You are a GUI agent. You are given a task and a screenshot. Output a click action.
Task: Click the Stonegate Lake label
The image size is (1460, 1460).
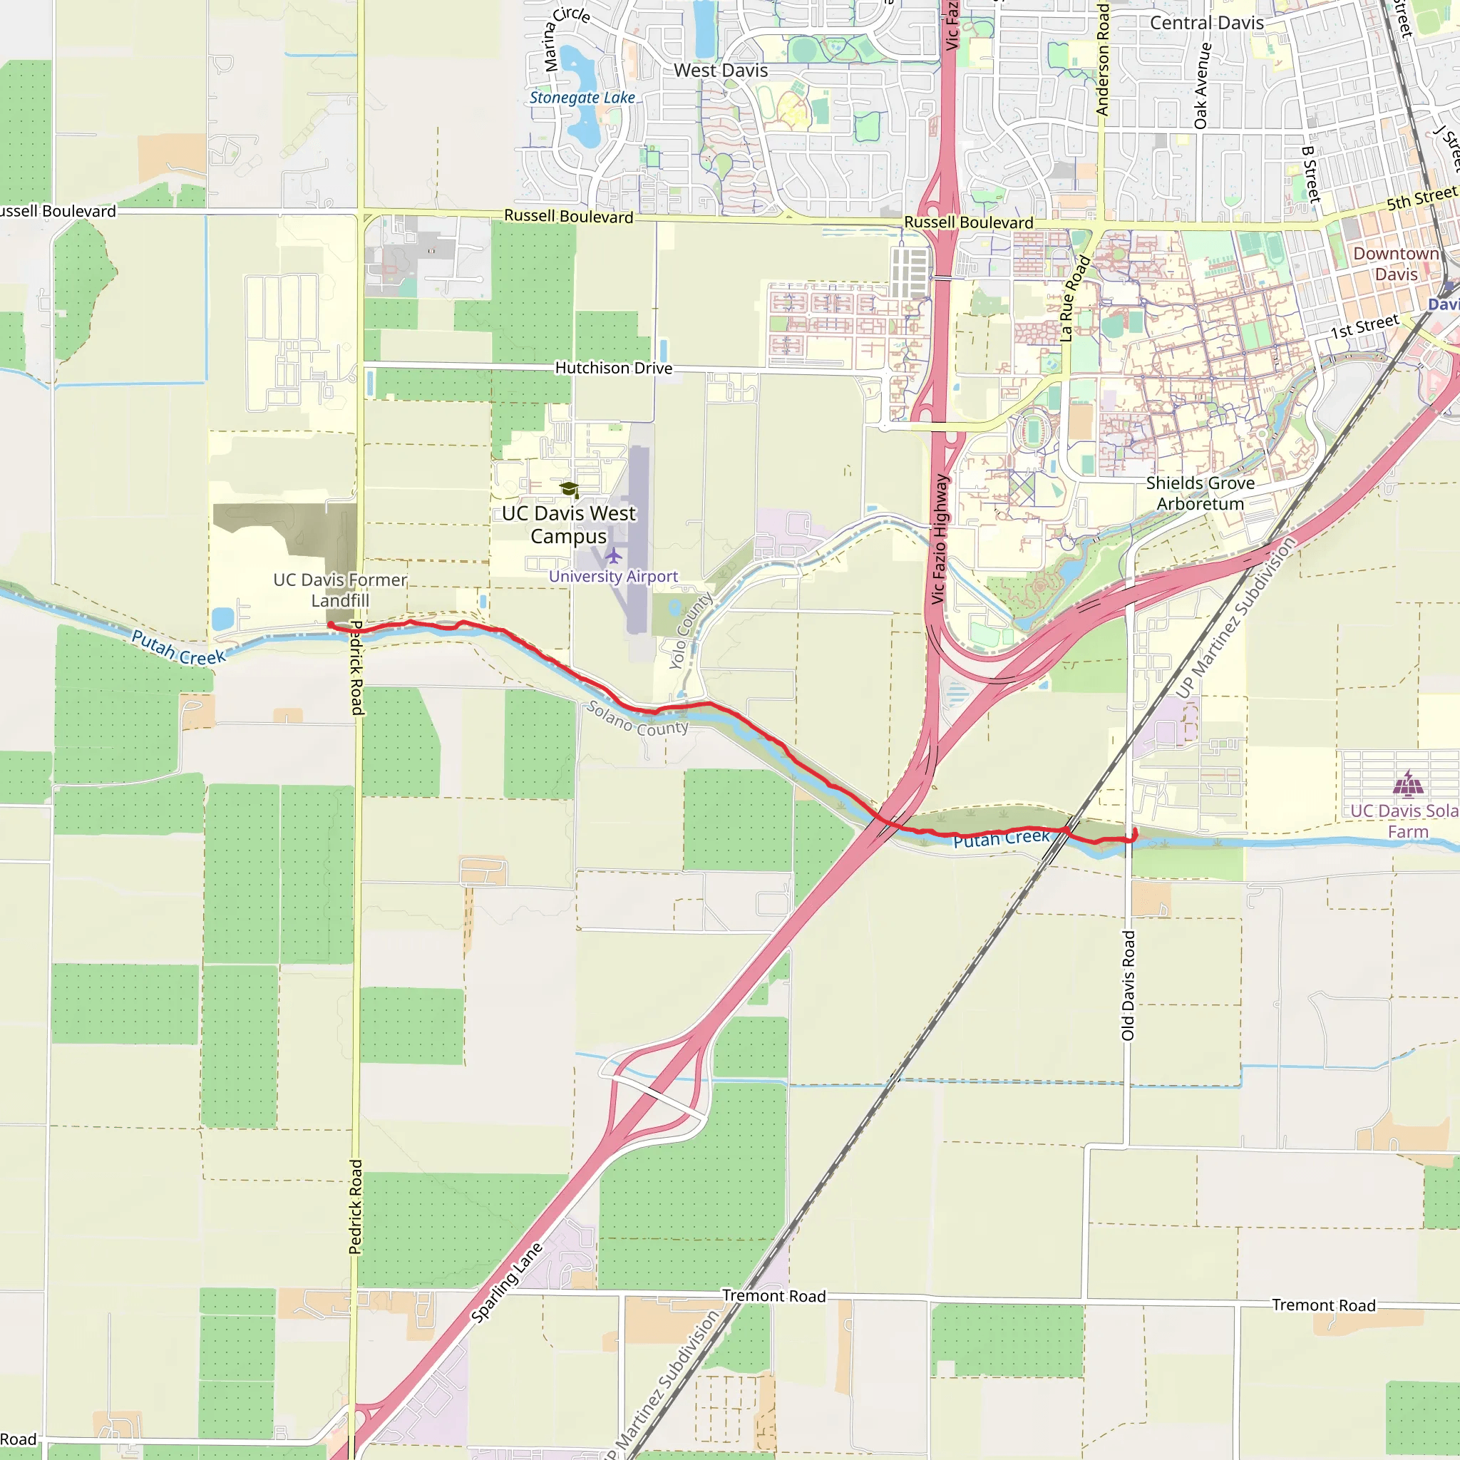pos(582,98)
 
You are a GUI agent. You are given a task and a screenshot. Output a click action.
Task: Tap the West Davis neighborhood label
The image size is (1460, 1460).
pos(720,71)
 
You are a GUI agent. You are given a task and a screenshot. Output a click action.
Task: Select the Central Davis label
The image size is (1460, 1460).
pos(1206,23)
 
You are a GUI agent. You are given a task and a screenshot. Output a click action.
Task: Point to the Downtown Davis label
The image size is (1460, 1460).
pos(1395,264)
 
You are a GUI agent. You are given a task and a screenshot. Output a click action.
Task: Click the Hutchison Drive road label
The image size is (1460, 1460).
pos(613,368)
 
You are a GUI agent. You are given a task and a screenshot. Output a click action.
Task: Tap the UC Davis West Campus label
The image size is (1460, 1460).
pos(568,525)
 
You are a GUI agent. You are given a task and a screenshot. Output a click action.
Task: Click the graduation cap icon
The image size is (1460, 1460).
pos(569,490)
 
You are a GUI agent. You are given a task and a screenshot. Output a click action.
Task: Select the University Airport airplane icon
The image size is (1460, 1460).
pos(613,556)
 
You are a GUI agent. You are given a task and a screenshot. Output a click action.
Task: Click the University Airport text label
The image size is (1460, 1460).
pos(613,577)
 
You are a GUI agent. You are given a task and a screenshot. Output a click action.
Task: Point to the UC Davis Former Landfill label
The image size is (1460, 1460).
pos(340,590)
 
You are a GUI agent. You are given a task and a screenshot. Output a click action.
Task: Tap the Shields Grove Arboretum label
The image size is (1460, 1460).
pos(1200,493)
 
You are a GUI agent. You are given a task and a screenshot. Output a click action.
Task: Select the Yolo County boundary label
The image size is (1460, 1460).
pos(690,631)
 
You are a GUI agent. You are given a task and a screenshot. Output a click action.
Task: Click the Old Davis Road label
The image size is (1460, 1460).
pos(1128,985)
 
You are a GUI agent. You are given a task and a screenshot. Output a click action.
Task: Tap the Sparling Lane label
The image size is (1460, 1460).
pos(506,1282)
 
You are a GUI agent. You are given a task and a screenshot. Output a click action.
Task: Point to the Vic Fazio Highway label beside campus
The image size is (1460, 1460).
pos(939,539)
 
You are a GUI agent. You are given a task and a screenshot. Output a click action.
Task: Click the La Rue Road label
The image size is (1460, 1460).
pos(1074,299)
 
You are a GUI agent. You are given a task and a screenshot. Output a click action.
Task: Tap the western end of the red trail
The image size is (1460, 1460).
pos(330,624)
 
